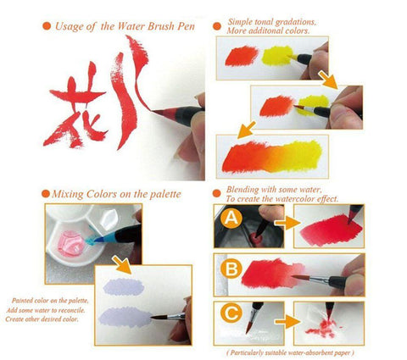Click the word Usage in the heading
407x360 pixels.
[74, 27]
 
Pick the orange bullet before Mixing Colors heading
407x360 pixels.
[46, 194]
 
